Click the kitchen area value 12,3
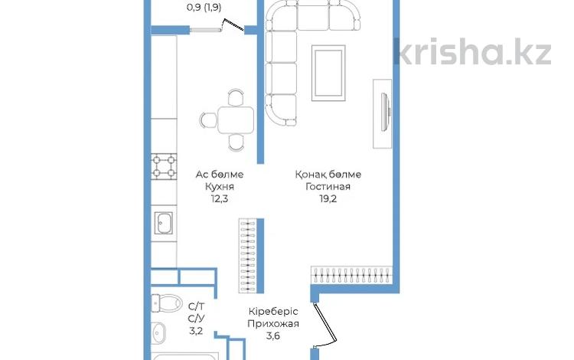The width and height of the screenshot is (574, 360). pyautogui.click(x=220, y=199)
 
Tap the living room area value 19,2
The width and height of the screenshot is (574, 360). pyautogui.click(x=328, y=199)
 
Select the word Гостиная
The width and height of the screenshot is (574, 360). pyautogui.click(x=328, y=186)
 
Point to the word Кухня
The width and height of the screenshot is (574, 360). pyautogui.click(x=220, y=187)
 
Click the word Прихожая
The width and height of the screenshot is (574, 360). pyautogui.click(x=273, y=324)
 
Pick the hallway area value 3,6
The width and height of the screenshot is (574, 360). pyautogui.click(x=273, y=335)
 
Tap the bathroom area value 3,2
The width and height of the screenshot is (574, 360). pyautogui.click(x=196, y=331)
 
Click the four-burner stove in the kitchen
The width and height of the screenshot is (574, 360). pyautogui.click(x=164, y=166)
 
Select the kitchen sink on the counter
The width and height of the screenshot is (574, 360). pyautogui.click(x=163, y=223)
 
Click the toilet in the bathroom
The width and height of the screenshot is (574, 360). pyautogui.click(x=167, y=303)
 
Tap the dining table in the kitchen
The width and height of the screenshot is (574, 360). pyautogui.click(x=236, y=120)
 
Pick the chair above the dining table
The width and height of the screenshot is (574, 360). pyautogui.click(x=236, y=97)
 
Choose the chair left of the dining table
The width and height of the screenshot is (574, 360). pyautogui.click(x=209, y=120)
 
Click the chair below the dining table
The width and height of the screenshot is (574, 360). pyautogui.click(x=236, y=142)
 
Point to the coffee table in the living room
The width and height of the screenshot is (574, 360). pyautogui.click(x=328, y=73)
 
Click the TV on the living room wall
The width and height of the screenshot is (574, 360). pyautogui.click(x=386, y=112)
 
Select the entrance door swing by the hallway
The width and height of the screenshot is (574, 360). pyautogui.click(x=325, y=324)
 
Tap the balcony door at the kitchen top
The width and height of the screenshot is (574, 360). pyautogui.click(x=217, y=26)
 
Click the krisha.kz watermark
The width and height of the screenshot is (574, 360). pyautogui.click(x=472, y=51)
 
